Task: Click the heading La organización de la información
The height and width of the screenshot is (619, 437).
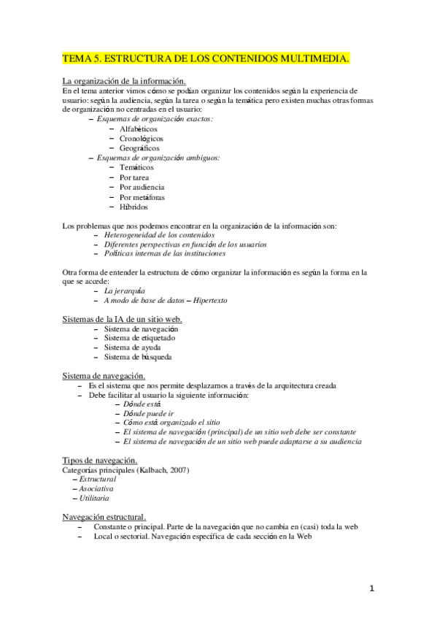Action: click(x=124, y=80)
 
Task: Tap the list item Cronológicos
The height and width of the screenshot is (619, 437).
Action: click(x=142, y=138)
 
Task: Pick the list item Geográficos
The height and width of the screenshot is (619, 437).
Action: click(x=139, y=147)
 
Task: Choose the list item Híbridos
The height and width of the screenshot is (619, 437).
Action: click(x=134, y=207)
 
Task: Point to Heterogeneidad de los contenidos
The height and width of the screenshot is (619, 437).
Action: click(x=159, y=236)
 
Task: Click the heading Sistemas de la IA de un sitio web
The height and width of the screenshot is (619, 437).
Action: click(x=123, y=320)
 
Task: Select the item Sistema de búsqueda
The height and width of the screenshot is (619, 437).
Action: click(x=139, y=357)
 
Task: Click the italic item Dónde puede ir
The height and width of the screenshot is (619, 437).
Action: click(x=149, y=413)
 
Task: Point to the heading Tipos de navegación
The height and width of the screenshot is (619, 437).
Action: click(x=100, y=461)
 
